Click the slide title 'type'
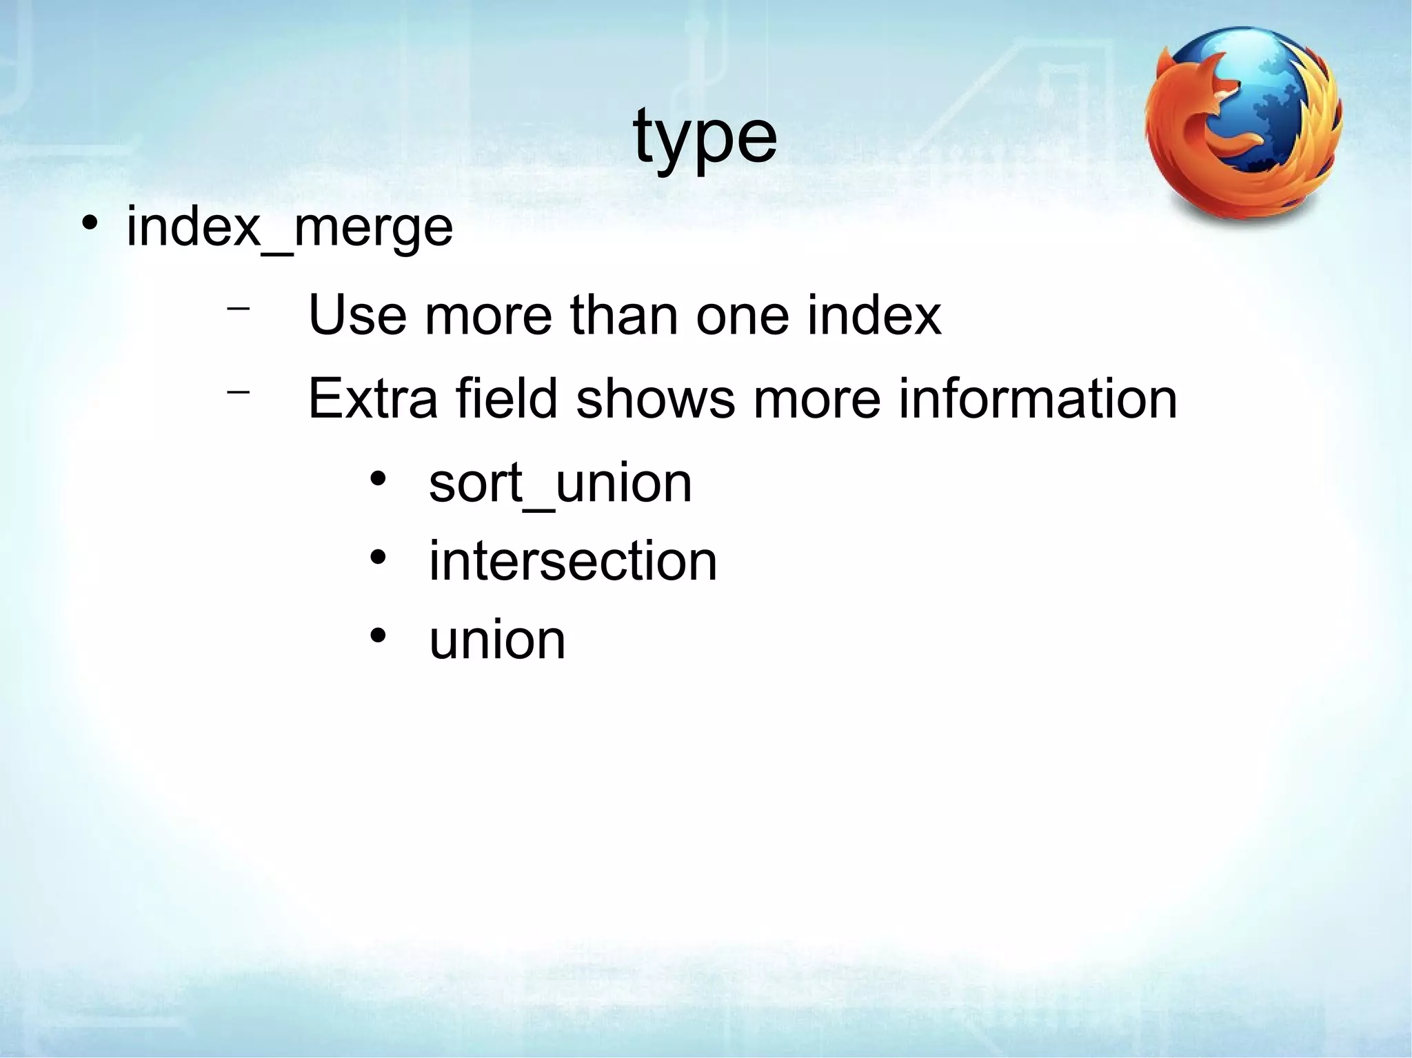[705, 138]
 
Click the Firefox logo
[1243, 124]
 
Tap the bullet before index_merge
[89, 225]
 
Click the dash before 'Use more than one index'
[238, 308]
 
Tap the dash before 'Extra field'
[238, 392]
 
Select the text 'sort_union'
[560, 484]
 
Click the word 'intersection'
[573, 562]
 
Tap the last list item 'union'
[497, 640]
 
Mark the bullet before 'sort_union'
[377, 479]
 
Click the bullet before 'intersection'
[377, 557]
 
